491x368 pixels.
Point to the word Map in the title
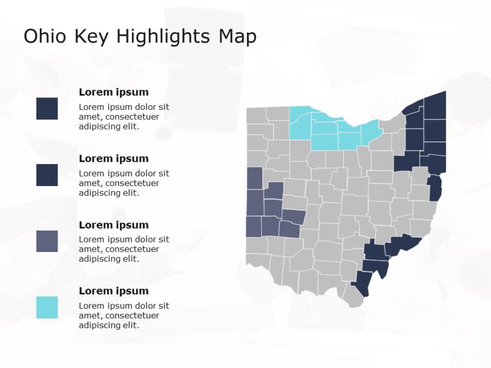coord(238,37)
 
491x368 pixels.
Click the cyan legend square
coord(47,308)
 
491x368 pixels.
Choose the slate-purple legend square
coord(47,241)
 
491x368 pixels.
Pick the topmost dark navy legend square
coord(47,108)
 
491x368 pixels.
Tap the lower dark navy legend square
coord(47,175)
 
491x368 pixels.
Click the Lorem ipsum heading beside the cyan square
coord(113,291)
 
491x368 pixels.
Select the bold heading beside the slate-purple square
coord(113,225)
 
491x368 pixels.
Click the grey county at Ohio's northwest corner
coord(256,115)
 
